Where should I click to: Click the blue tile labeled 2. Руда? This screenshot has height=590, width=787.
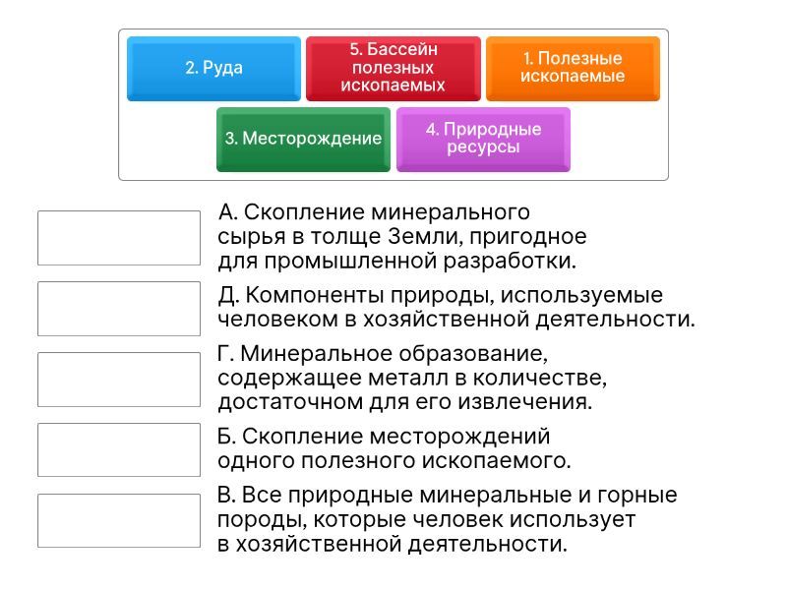pos(213,68)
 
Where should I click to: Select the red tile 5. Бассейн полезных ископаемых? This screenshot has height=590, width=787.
pos(393,68)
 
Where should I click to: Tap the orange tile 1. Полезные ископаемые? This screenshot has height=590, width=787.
pos(573,68)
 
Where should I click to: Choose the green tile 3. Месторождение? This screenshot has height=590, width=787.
pos(303,139)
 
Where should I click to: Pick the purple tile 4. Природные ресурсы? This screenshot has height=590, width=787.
pos(483,139)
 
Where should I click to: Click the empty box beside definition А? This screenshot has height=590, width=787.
pos(119,238)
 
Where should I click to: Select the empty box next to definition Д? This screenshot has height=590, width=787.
pos(119,308)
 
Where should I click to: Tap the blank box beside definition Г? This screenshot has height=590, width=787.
pos(119,379)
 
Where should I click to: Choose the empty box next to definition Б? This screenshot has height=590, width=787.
pos(119,449)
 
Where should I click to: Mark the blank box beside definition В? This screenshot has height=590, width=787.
pos(119,520)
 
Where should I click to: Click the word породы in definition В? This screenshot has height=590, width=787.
pos(248,520)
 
